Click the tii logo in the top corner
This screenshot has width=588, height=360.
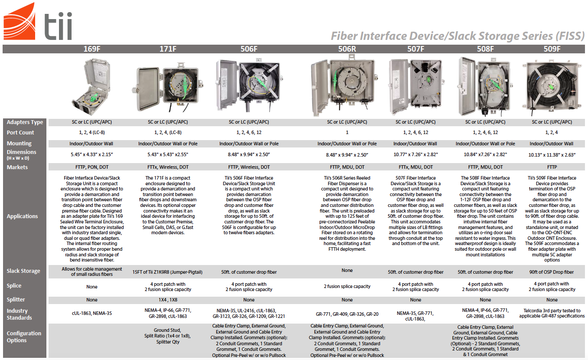click(x=38, y=22)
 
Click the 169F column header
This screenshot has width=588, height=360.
click(x=91, y=49)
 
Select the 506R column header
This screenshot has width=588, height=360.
click(x=347, y=49)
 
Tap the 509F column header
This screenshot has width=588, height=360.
click(x=552, y=49)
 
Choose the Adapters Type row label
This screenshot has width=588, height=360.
click(x=25, y=122)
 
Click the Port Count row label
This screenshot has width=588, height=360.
click(x=20, y=133)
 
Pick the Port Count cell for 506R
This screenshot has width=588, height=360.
click(x=347, y=133)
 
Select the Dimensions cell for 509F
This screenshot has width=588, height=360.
click(x=552, y=154)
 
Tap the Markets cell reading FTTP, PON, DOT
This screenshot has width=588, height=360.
click(x=91, y=167)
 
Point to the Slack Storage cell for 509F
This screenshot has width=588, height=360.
click(x=552, y=272)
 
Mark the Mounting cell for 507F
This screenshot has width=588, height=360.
click(x=415, y=144)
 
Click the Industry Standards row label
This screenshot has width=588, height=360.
click(x=20, y=314)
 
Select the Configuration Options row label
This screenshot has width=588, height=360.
click(x=24, y=337)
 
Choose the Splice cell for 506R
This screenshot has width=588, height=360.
click(x=347, y=286)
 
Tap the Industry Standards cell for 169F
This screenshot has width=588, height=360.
click(x=91, y=313)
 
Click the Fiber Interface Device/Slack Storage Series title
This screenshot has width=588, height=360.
click(x=457, y=36)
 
